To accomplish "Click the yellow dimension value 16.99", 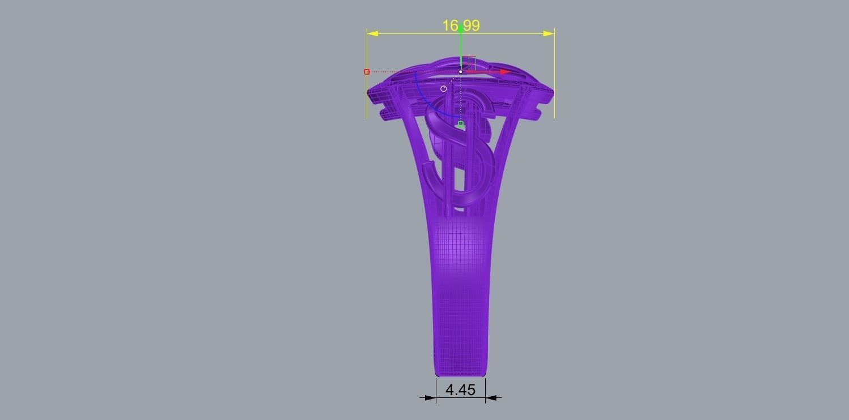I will [461, 25].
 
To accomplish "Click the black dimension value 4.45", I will [460, 390].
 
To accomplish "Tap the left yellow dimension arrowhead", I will [372, 34].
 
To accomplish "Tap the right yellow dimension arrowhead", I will [549, 34].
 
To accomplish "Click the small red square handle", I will [367, 72].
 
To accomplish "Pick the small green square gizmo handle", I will [461, 123].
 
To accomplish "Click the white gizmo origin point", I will [461, 72].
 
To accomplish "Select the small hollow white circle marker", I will [444, 88].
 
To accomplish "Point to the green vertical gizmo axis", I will [461, 48].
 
